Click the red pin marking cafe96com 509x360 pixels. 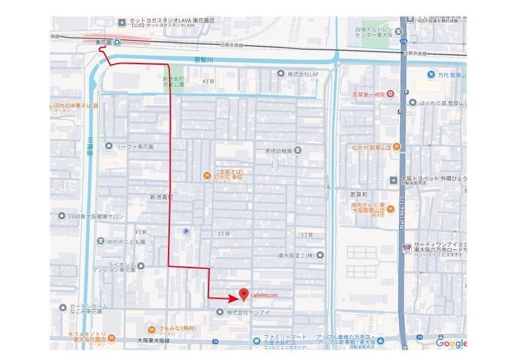pyautogui.click(x=243, y=294)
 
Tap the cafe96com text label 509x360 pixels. pyautogui.click(x=264, y=295)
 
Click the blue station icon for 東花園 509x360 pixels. pyautogui.click(x=117, y=42)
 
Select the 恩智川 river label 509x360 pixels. pyautogui.click(x=197, y=59)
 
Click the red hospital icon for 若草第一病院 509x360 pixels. pyautogui.click(x=391, y=93)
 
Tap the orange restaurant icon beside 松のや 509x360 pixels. pyautogui.click(x=396, y=146)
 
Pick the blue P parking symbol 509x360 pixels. pyautogui.click(x=186, y=231)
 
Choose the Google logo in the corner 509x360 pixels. pyautogui.click(x=451, y=343)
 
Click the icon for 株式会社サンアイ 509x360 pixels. pyautogui.click(x=219, y=312)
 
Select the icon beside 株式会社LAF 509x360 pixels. pyautogui.click(x=280, y=73)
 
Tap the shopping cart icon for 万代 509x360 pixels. pyautogui.click(x=432, y=75)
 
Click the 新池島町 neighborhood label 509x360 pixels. pyautogui.click(x=161, y=197)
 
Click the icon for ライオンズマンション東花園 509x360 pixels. pyautogui.click(x=141, y=266)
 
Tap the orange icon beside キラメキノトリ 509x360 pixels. pyautogui.click(x=111, y=338)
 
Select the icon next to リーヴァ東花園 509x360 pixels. pyautogui.click(x=108, y=146)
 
